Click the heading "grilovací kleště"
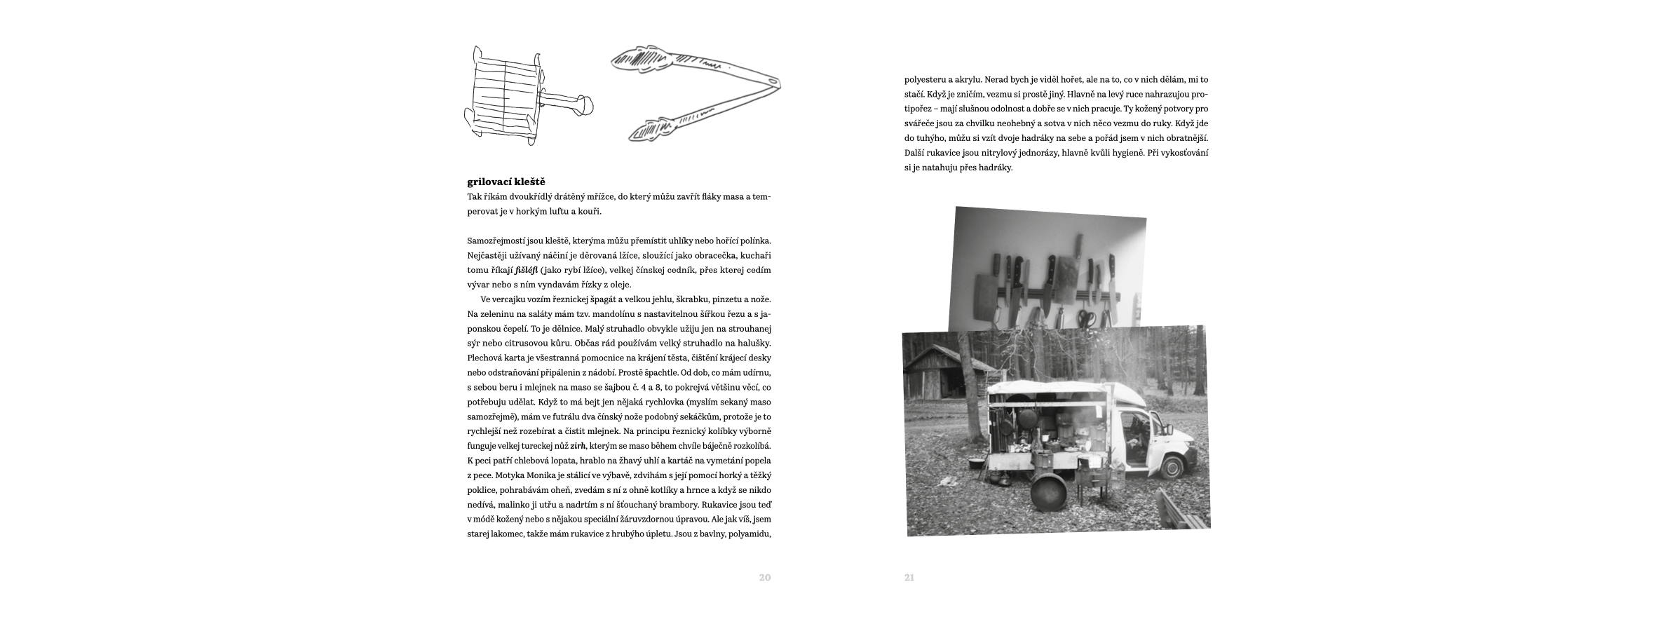tap(506, 182)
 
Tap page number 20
tap(764, 578)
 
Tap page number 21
tap(909, 578)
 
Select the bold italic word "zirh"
tap(578, 446)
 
